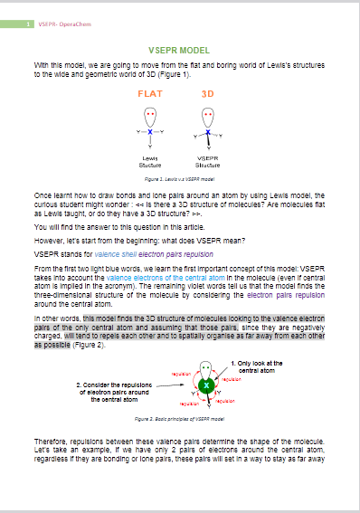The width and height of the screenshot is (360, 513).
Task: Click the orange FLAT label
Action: [150, 93]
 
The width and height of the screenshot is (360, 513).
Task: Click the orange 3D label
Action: [207, 93]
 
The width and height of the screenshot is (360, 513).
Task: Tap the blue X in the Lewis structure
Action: [150, 132]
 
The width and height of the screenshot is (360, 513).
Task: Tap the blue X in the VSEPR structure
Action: [207, 132]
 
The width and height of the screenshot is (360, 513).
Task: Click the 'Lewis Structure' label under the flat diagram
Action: [150, 162]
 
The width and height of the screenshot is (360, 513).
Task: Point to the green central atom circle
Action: [207, 386]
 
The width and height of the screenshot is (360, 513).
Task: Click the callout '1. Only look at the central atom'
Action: [261, 366]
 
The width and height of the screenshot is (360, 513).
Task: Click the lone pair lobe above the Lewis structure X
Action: [150, 117]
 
